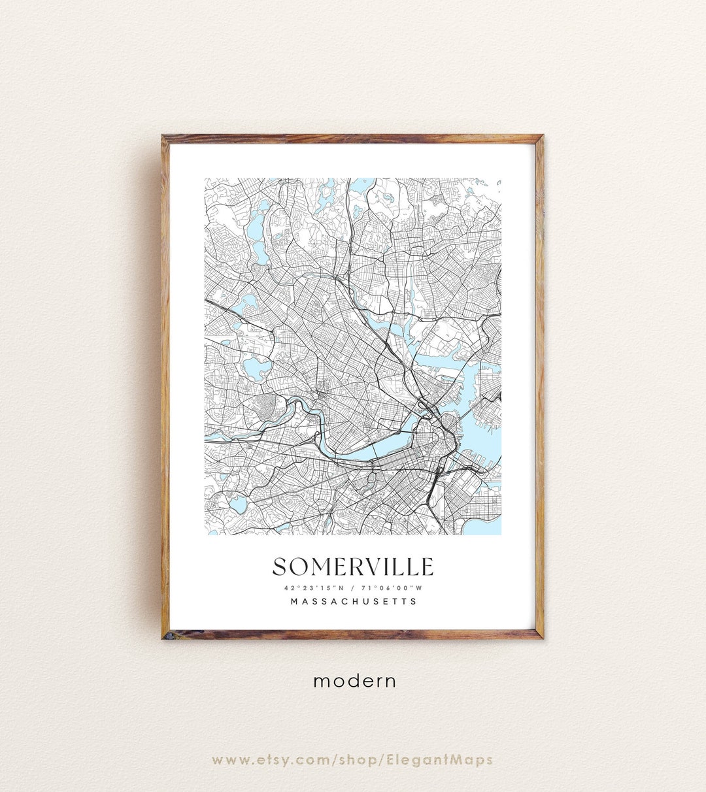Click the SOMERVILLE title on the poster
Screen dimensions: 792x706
352,567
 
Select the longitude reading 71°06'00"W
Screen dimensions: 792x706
392,587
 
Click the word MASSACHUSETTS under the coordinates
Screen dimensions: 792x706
353,601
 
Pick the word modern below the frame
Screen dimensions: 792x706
354,681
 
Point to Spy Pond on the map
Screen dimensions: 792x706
246,305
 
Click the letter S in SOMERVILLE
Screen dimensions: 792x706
280,567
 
